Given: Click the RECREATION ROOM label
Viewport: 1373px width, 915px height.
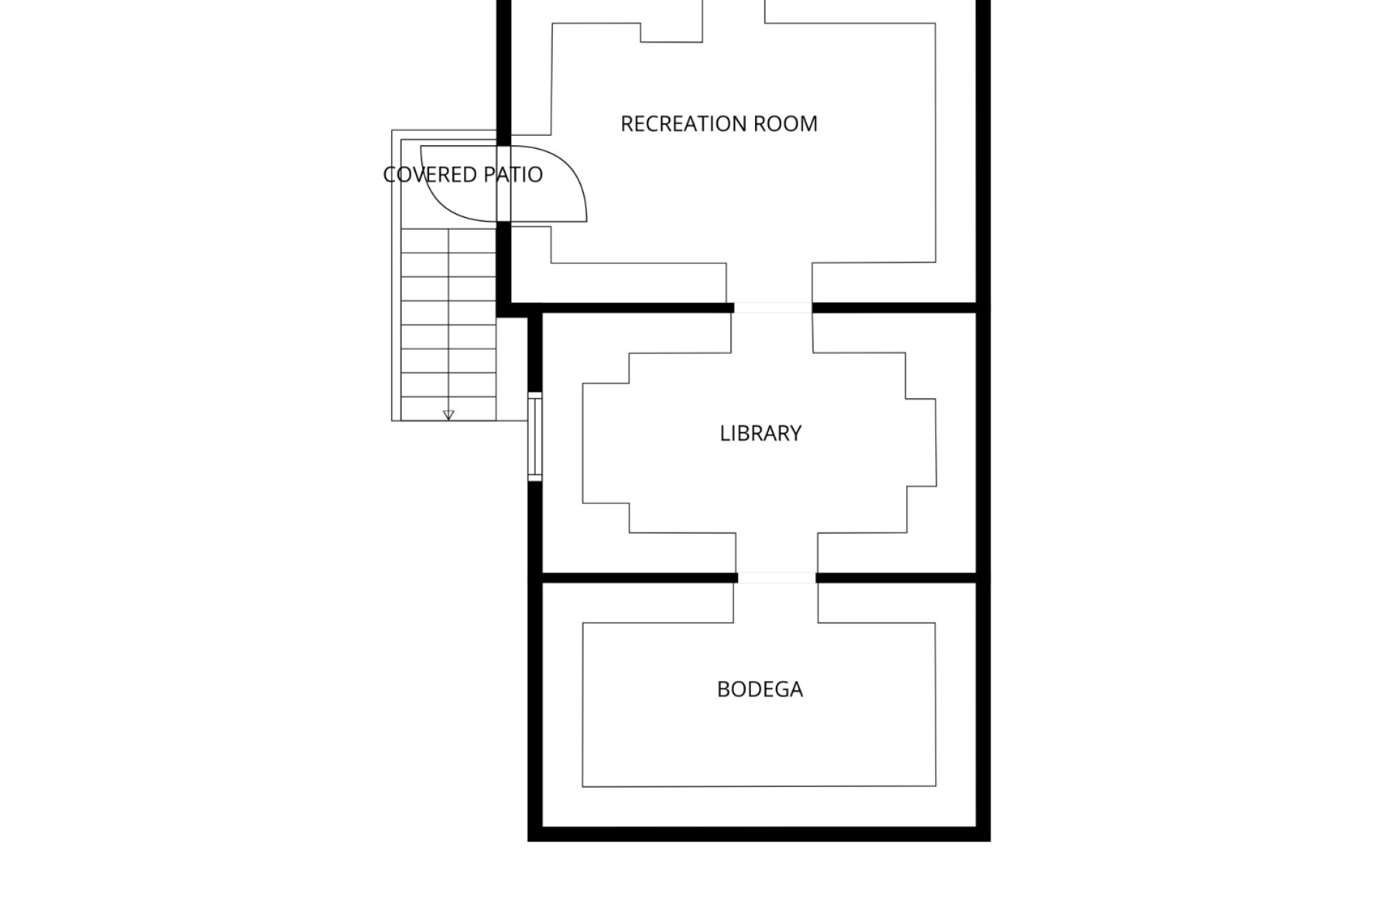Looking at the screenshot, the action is [x=719, y=124].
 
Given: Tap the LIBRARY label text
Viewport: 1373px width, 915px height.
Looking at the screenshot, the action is [x=760, y=433].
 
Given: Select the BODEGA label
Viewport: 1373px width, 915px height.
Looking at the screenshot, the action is [x=759, y=689].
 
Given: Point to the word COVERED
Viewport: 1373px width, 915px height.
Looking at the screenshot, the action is [x=430, y=174].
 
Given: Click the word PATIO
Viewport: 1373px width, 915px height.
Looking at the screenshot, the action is [x=513, y=174].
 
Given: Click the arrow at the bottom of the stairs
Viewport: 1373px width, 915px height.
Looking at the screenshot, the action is [x=448, y=415].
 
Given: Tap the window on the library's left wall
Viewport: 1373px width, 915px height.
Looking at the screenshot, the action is [x=535, y=436].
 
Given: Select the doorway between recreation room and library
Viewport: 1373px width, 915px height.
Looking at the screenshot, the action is [x=773, y=308].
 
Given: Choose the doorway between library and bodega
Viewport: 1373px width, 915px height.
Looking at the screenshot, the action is [x=777, y=578].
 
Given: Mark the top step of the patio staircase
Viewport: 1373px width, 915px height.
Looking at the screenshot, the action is [x=448, y=240].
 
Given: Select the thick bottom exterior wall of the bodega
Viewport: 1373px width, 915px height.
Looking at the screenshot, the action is [x=759, y=834].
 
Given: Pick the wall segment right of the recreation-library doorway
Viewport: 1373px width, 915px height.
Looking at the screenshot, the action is [x=895, y=308].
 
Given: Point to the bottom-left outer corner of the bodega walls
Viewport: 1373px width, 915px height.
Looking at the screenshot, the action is [x=528, y=841].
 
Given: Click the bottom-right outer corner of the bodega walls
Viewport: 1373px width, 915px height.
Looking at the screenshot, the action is [x=990, y=841].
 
